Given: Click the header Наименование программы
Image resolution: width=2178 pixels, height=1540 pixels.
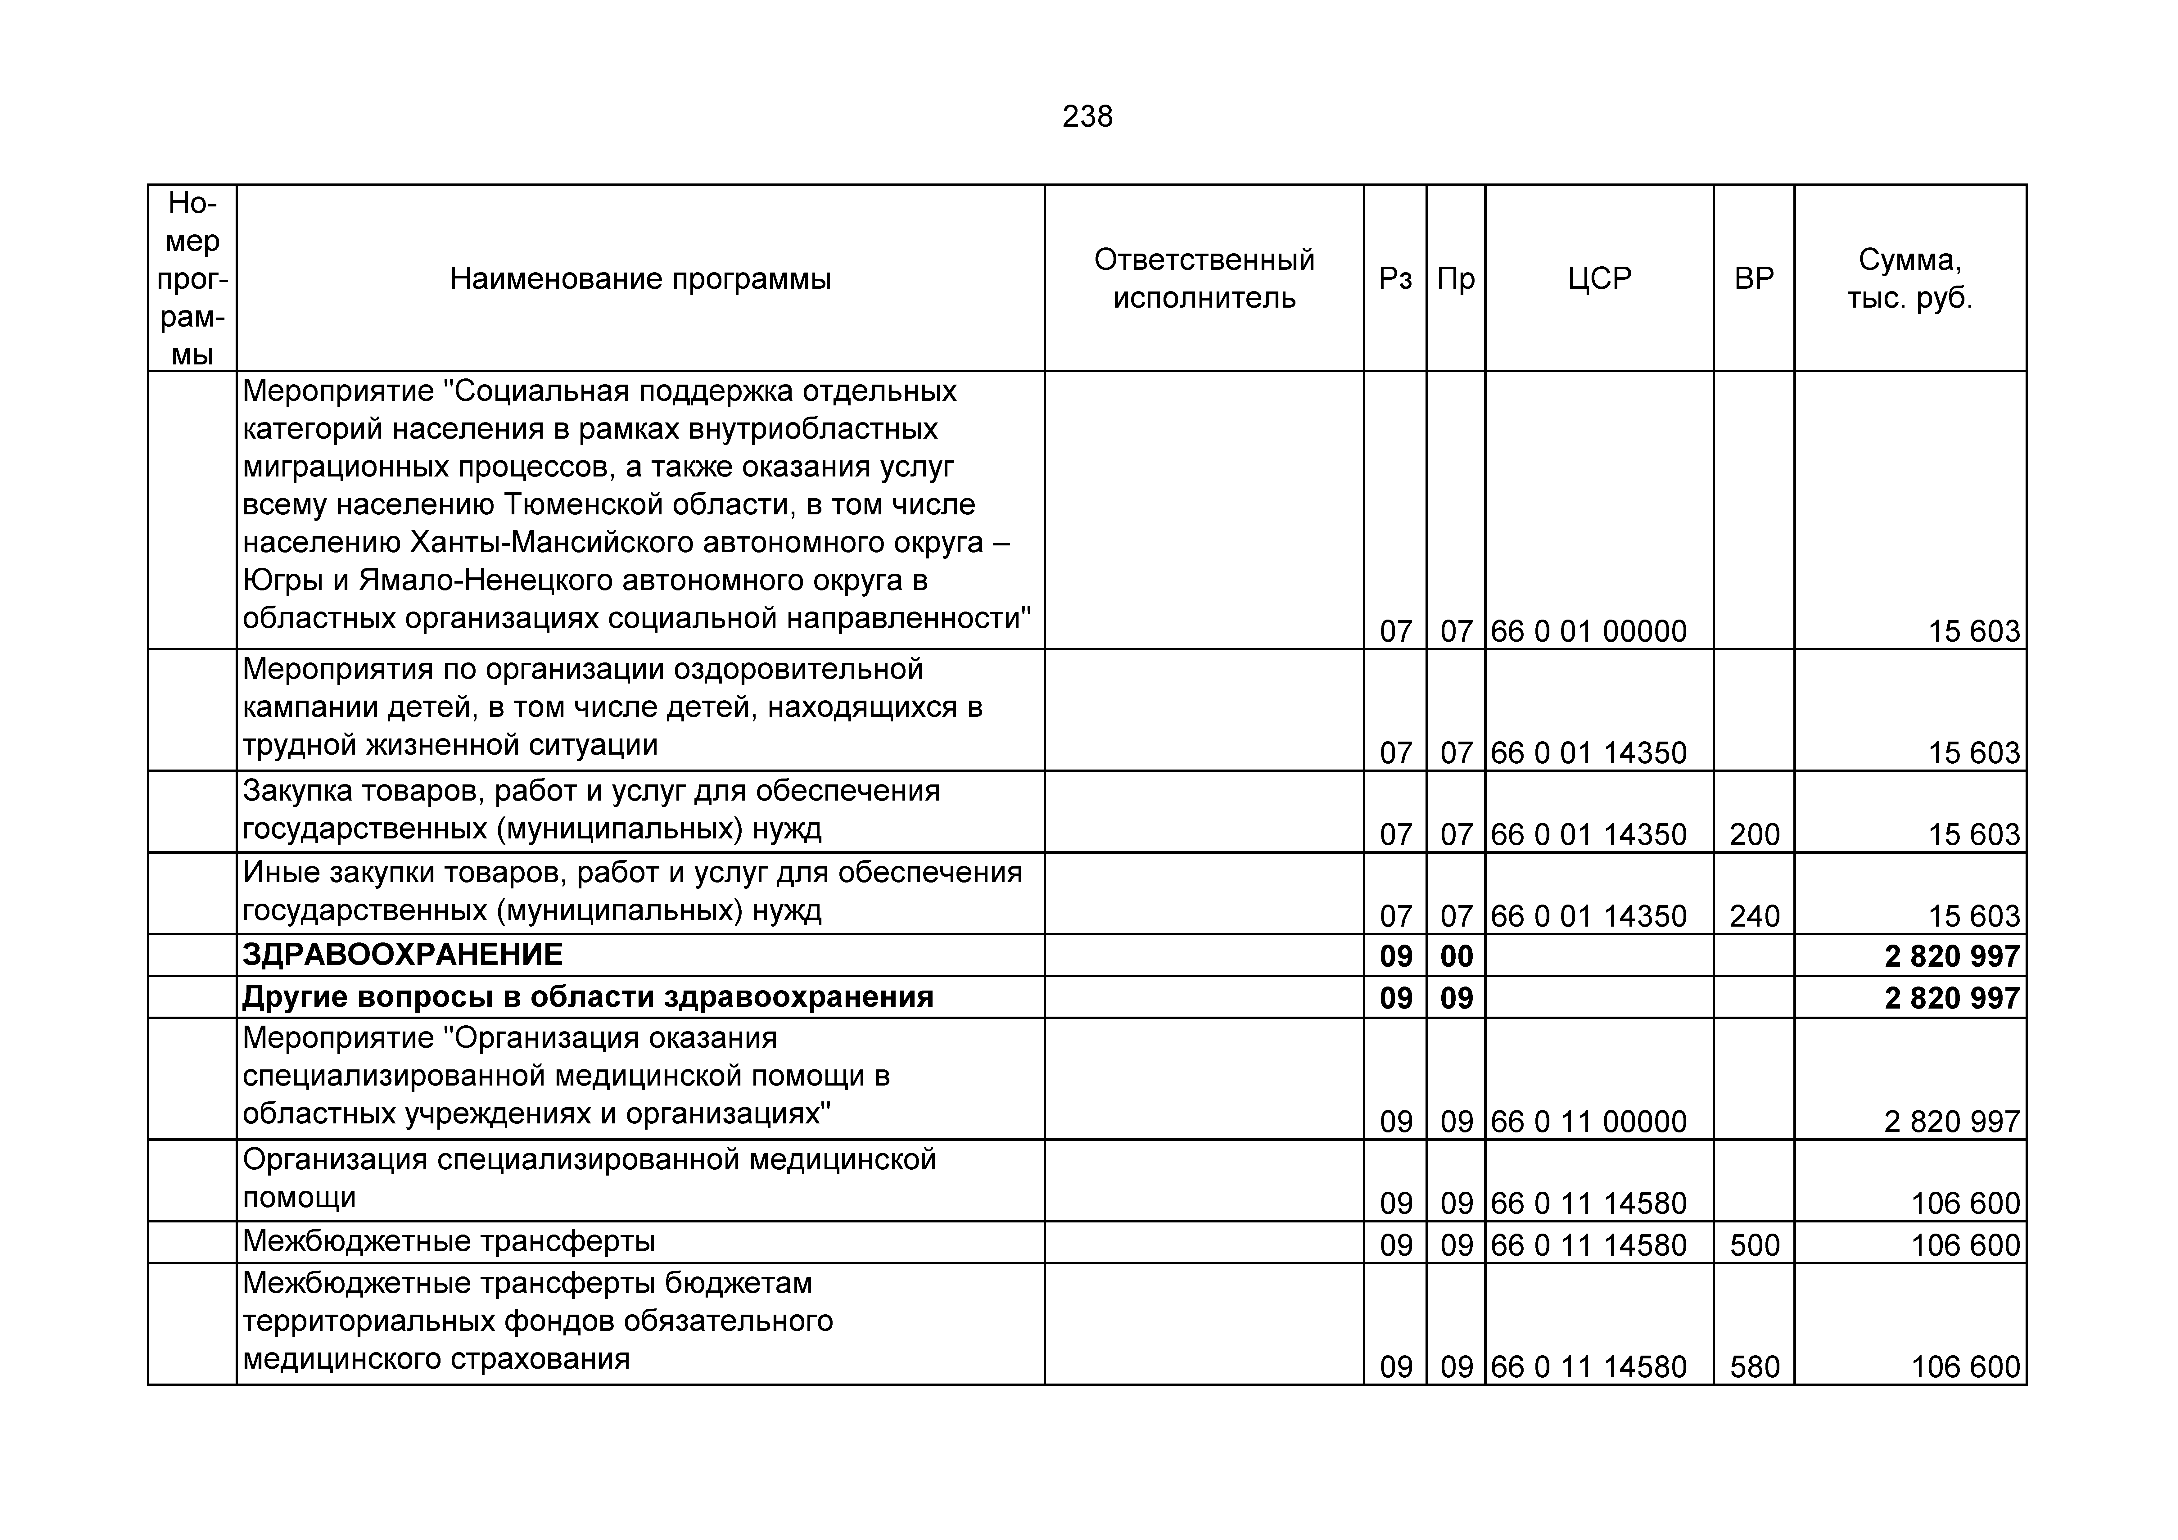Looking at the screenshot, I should click(640, 279).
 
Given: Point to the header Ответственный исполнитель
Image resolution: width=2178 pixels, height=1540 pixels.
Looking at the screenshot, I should click(1204, 279).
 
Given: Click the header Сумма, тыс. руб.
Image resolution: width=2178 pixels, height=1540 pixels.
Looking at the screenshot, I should click(1909, 279).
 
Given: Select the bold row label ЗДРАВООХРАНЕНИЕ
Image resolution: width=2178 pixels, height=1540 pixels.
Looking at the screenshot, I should click(402, 955).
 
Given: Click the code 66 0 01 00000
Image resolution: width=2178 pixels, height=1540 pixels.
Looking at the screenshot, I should click(1589, 631).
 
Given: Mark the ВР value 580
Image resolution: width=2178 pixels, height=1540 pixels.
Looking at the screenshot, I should click(1754, 1367).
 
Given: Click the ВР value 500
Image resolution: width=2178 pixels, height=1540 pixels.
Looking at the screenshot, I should click(1754, 1245).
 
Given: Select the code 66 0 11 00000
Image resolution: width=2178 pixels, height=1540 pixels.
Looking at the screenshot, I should click(1589, 1122).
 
